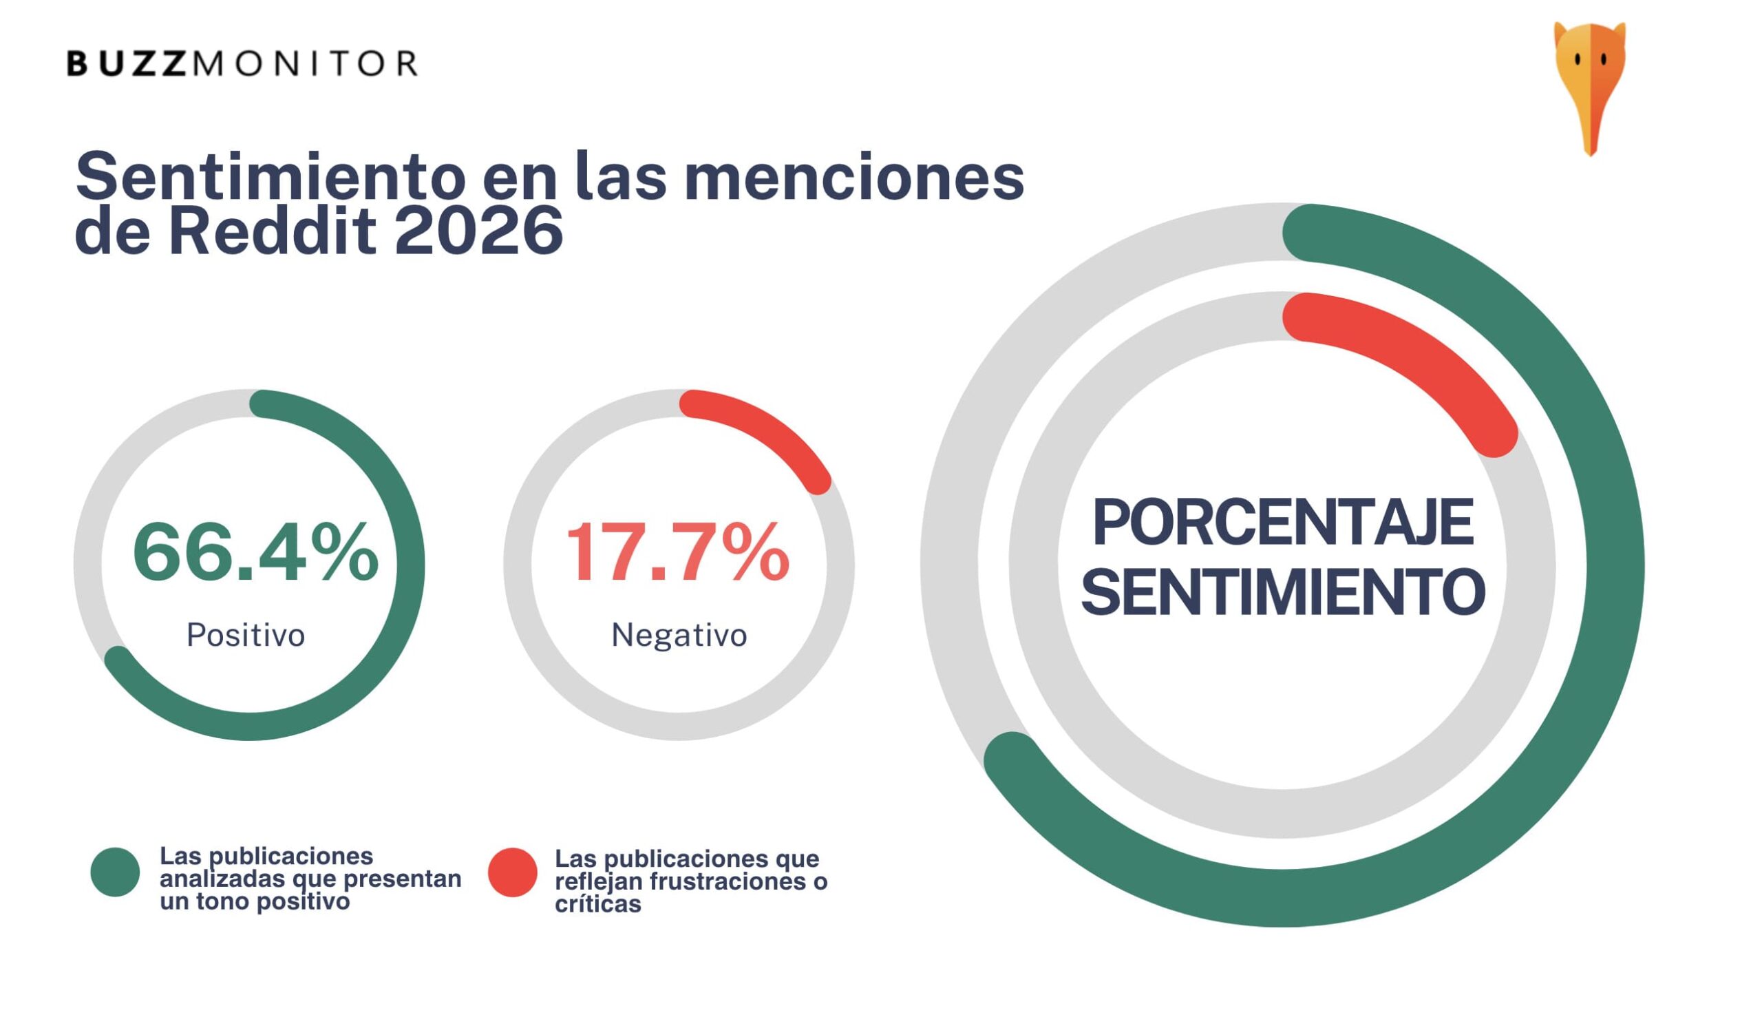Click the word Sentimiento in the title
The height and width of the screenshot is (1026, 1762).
[270, 177]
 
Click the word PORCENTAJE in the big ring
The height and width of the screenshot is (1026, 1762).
[1283, 523]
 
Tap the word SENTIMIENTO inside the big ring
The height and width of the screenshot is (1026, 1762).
[1283, 591]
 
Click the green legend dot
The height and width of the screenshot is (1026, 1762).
[116, 872]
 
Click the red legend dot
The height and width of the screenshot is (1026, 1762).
[513, 872]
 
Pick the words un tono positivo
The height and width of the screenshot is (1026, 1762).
[255, 902]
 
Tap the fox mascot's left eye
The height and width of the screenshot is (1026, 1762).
[1578, 60]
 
